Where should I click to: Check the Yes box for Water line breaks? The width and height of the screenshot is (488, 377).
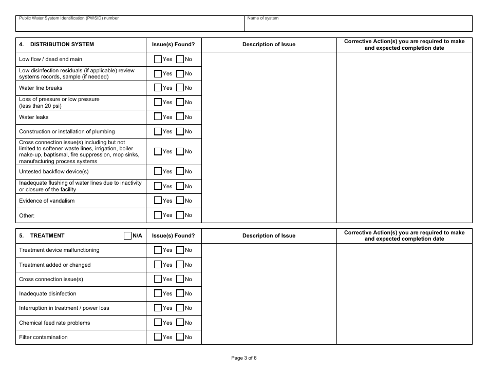tap(158, 88)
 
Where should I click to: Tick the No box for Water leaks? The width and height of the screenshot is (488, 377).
tap(180, 117)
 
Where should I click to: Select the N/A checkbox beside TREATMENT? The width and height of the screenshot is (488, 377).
tap(128, 236)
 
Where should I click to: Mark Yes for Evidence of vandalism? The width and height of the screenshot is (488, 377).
tap(158, 201)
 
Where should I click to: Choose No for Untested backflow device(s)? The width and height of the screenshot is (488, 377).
tap(180, 171)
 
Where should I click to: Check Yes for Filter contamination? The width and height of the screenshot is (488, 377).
tap(158, 337)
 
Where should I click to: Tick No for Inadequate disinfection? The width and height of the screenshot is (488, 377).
tap(180, 293)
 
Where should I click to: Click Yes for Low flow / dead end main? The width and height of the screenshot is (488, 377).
tap(158, 59)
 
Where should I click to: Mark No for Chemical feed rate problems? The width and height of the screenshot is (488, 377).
tap(180, 323)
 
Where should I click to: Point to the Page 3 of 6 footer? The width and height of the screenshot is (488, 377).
tap(244, 358)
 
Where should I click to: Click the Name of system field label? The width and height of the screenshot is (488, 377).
tap(263, 18)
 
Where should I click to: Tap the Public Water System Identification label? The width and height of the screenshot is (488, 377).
tap(69, 18)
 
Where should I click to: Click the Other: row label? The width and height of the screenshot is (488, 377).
tap(27, 215)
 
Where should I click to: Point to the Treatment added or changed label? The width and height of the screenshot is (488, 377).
tap(55, 265)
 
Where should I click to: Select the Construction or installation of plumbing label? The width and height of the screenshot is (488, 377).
tap(67, 131)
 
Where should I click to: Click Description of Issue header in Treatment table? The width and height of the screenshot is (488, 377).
tap(269, 236)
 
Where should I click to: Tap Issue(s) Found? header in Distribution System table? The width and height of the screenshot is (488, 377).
tap(174, 45)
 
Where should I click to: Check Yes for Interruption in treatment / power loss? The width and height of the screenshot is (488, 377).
tap(158, 308)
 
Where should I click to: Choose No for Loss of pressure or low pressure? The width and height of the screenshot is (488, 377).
tap(180, 102)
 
